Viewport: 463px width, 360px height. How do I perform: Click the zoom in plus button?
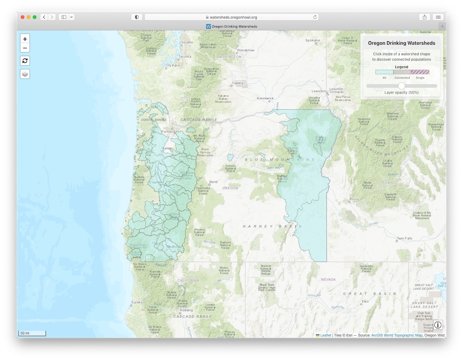(x=25, y=39)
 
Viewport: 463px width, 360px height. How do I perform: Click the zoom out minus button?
(x=25, y=48)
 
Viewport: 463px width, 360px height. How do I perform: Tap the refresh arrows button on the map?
(x=25, y=61)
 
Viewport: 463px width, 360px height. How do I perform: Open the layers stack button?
(x=25, y=74)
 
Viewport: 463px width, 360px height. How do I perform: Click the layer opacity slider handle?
(x=402, y=86)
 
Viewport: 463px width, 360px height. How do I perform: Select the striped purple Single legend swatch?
(x=420, y=72)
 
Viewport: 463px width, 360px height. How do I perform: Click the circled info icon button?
(x=438, y=325)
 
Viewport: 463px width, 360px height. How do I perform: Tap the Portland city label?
(x=168, y=132)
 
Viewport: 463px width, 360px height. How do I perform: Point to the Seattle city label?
(x=187, y=42)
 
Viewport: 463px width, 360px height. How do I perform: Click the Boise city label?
(x=354, y=199)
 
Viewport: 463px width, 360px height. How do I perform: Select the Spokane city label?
(x=313, y=40)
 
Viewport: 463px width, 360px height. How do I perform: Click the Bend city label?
(x=213, y=182)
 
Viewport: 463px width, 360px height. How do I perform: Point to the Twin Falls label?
(x=404, y=238)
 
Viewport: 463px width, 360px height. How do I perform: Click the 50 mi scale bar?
(x=32, y=333)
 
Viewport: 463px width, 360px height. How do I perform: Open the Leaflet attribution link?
(x=326, y=335)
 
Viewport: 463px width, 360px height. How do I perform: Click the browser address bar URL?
(x=233, y=17)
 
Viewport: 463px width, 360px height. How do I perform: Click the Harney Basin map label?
(x=272, y=226)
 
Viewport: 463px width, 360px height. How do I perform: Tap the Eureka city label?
(x=137, y=302)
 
